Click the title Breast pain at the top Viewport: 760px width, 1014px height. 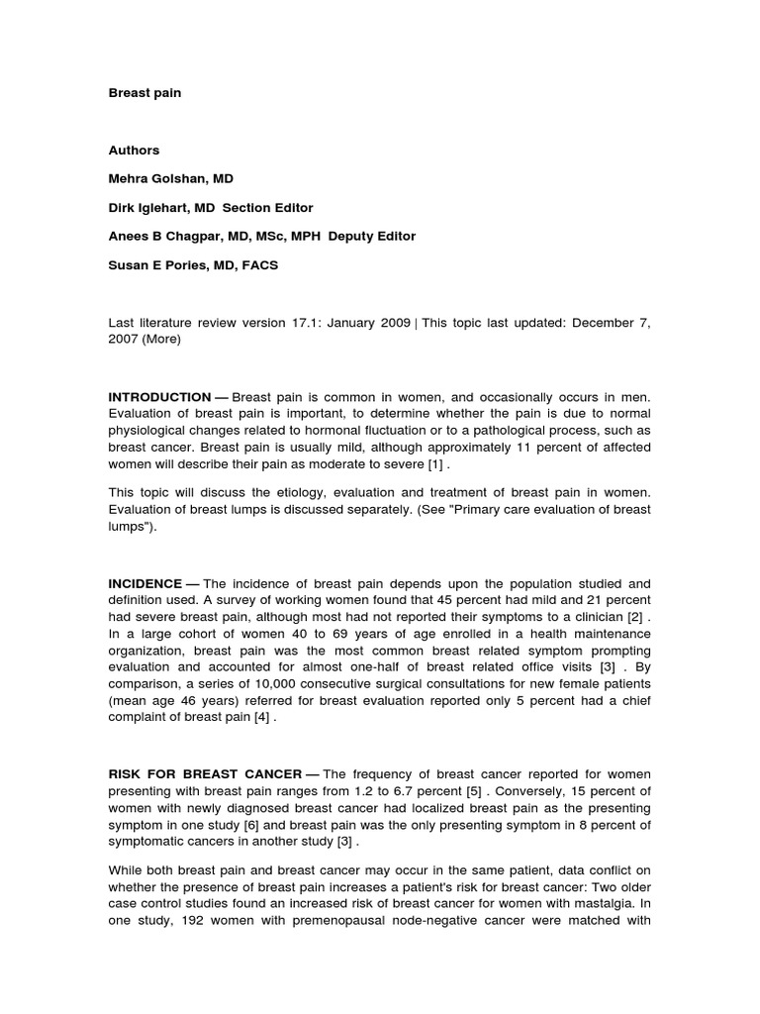click(x=144, y=93)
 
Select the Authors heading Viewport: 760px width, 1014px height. click(x=134, y=151)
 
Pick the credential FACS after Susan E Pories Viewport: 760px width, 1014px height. click(x=259, y=265)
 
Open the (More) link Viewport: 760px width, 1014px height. click(x=163, y=339)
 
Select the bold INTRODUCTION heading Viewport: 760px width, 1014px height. click(x=159, y=397)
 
